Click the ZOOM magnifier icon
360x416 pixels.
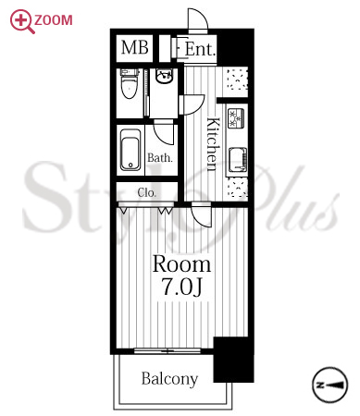point(21,21)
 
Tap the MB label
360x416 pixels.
point(135,48)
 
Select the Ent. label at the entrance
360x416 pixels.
point(200,49)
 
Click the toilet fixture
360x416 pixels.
point(129,84)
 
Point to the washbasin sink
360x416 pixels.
point(165,76)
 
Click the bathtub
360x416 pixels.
point(130,150)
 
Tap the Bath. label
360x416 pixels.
point(160,158)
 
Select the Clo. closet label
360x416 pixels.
point(147,192)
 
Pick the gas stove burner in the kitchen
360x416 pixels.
point(236,118)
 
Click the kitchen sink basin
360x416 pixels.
point(238,160)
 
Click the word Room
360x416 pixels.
point(181,264)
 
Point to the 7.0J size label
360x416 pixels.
point(182,287)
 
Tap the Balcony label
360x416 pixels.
point(169,379)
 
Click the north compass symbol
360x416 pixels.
point(329,385)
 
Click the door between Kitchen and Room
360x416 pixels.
point(202,214)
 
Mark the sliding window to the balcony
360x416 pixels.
point(168,350)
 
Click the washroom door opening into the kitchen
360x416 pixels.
point(192,104)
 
